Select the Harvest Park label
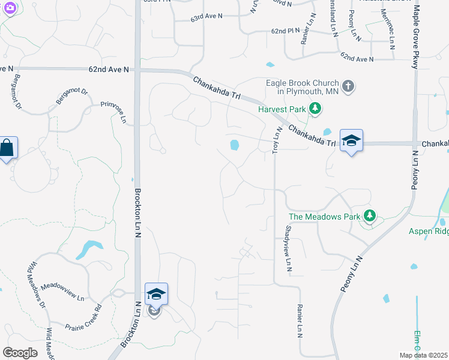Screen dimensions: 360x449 click(282, 110)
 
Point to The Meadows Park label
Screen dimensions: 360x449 click(324, 217)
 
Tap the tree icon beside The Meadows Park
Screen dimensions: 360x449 click(370, 216)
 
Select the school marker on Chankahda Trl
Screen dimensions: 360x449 click(351, 141)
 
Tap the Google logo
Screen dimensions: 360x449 click(20, 353)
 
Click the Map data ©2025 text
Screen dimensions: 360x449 click(424, 355)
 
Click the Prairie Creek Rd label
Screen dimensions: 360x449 click(84, 314)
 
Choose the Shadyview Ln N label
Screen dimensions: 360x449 click(288, 247)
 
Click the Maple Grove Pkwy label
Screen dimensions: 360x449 click(415, 37)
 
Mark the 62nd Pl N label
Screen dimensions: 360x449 click(285, 30)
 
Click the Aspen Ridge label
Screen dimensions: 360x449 click(429, 231)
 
